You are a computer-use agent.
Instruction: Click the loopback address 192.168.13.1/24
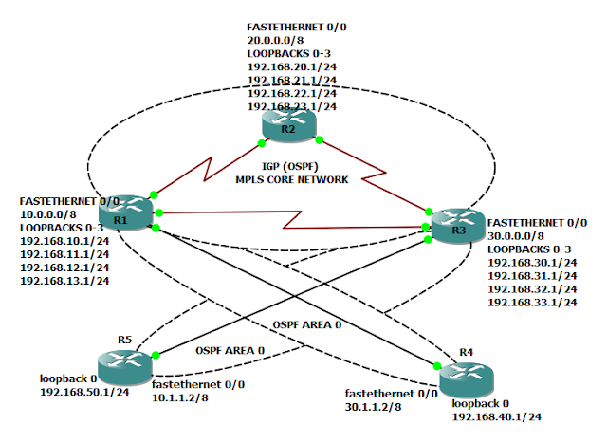64,282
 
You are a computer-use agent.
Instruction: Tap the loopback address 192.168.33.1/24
532,302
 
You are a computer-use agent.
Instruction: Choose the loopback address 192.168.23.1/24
290,108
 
